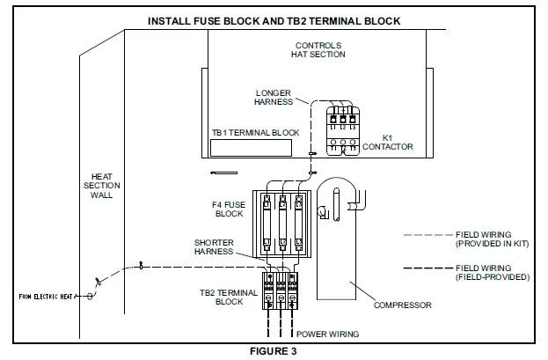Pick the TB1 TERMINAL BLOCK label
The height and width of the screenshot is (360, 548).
(255, 133)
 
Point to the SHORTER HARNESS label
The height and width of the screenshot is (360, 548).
(215, 246)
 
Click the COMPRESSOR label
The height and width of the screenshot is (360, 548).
(403, 305)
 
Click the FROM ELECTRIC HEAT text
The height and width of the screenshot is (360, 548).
(44, 298)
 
